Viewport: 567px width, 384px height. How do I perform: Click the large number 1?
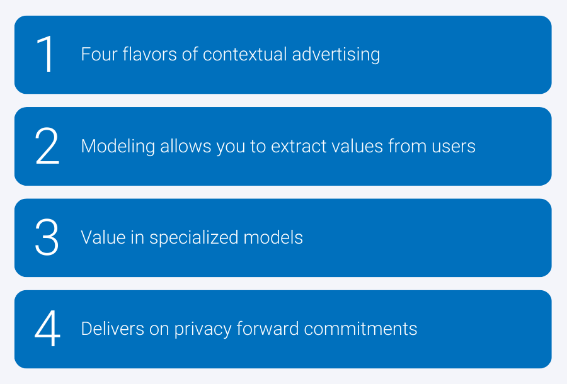[46, 54]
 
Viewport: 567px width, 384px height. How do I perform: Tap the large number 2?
[47, 146]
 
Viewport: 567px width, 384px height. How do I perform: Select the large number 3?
[47, 237]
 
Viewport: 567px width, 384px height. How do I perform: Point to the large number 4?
[47, 329]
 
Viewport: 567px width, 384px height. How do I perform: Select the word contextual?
[245, 54]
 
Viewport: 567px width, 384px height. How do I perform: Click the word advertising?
[336, 55]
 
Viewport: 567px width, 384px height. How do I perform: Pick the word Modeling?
[118, 147]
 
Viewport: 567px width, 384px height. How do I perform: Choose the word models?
[273, 237]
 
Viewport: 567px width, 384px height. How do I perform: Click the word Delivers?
[113, 329]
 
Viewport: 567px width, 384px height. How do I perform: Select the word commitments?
[360, 329]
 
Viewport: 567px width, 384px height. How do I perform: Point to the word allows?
[185, 146]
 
